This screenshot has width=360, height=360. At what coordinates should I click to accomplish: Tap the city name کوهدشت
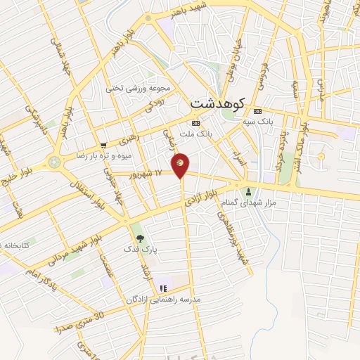[x=217, y=103]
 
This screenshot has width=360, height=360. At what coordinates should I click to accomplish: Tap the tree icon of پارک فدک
[x=138, y=238]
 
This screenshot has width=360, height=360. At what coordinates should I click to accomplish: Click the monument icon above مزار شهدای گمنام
[x=247, y=192]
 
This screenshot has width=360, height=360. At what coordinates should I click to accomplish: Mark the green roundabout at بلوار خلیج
[x=54, y=162]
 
